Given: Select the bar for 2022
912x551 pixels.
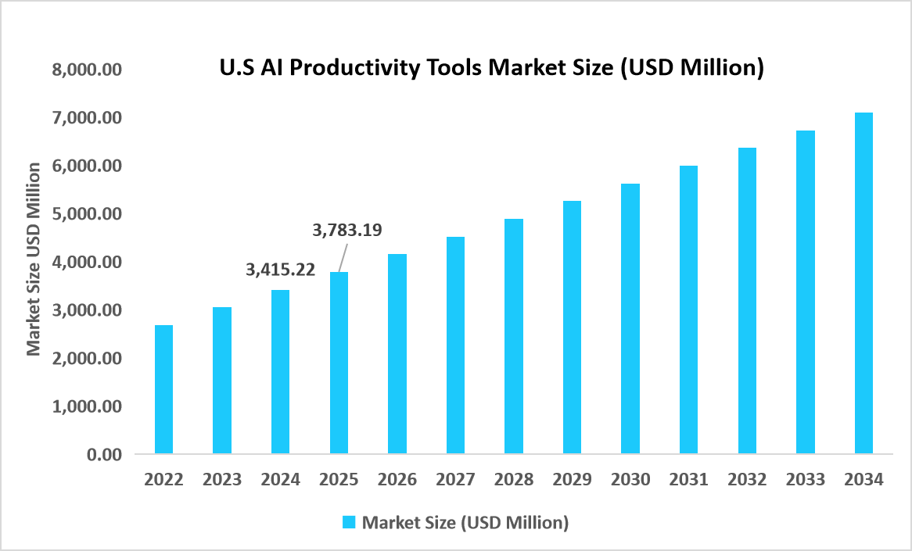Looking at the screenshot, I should click(163, 389).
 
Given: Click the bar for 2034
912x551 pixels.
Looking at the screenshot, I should click(864, 283).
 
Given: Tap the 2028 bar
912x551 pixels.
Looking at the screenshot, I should click(514, 336).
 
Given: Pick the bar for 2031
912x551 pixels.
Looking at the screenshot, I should click(688, 309).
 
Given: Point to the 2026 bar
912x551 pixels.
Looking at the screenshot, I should click(397, 353).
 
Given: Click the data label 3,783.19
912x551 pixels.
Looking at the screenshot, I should click(346, 230).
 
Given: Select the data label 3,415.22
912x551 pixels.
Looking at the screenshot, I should click(280, 270).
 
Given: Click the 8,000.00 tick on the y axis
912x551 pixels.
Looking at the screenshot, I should click(87, 70).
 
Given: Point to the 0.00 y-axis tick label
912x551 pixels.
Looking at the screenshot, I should click(104, 454).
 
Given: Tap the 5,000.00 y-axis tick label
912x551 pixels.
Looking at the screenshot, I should click(87, 214).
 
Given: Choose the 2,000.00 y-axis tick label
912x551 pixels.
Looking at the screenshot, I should click(87, 358).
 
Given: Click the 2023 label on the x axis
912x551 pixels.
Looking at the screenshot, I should click(221, 480).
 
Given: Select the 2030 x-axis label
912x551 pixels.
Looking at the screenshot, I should click(630, 480).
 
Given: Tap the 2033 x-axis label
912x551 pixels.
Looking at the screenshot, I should click(805, 480).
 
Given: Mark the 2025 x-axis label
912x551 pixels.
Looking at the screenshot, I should click(339, 480).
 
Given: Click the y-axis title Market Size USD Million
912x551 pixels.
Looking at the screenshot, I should click(34, 259).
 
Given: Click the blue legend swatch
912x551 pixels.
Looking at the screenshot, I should click(349, 522).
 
